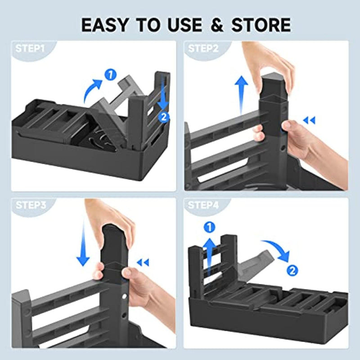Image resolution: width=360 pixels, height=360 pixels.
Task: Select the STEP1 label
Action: (x=30, y=49)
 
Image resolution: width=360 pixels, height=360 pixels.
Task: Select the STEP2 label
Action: (x=203, y=49)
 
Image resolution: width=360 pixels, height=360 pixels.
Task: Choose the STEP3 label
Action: (x=30, y=205)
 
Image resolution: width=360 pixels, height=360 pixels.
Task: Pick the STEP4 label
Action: (x=203, y=205)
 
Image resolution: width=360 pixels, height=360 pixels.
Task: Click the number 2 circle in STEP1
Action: (x=164, y=117)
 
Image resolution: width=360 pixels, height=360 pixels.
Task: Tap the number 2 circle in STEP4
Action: (x=292, y=270)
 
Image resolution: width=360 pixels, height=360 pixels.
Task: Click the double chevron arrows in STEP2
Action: (x=309, y=121)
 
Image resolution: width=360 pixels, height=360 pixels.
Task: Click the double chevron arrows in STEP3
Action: (x=143, y=262)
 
